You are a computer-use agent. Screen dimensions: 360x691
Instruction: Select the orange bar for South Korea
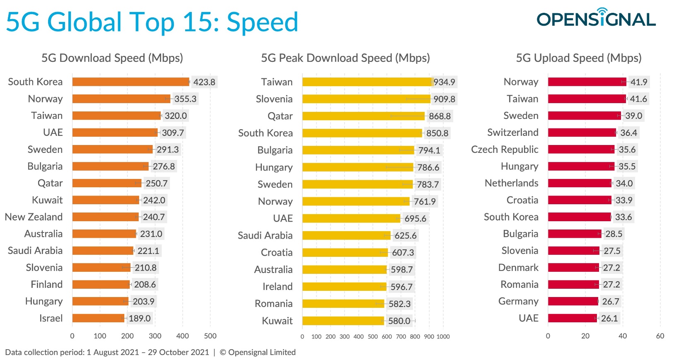pos(130,82)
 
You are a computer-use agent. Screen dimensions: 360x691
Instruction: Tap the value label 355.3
pos(185,99)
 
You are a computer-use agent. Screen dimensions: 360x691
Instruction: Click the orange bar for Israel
pos(98,318)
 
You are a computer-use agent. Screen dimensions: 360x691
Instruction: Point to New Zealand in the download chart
pos(34,217)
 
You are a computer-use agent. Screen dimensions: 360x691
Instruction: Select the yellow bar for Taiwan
pos(367,82)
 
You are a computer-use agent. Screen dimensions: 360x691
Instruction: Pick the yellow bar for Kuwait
pos(343,321)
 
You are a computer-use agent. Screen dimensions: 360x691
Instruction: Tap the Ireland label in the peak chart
pos(277,287)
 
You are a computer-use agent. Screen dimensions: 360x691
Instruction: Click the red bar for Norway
pos(587,82)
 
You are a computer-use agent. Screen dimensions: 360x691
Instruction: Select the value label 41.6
pos(638,99)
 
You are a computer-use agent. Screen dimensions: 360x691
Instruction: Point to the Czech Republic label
pos(505,150)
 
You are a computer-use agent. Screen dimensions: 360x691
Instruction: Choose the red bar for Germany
pos(573,301)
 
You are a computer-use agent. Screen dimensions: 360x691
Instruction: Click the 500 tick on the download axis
pos(210,336)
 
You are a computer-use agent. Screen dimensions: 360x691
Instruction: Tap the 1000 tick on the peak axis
pos(443,336)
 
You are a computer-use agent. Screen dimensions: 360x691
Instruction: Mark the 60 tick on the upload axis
pos(660,336)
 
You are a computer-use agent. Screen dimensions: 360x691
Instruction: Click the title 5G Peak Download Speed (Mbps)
pos(345,58)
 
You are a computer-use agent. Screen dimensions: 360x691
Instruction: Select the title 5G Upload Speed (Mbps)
pos(578,58)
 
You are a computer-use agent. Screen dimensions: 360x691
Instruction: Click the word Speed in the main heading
pos(262,22)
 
